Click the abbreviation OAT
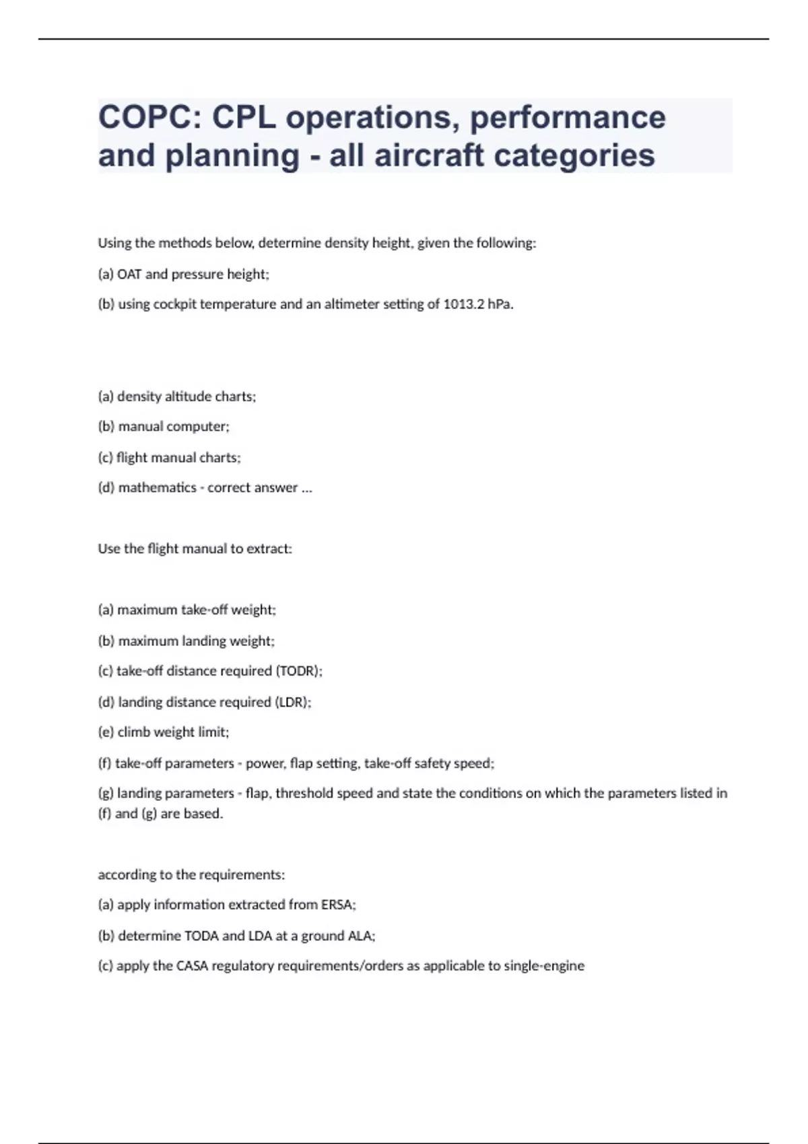coord(129,274)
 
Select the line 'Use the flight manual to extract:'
coord(195,548)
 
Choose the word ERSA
coord(337,904)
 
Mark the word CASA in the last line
coord(192,966)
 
